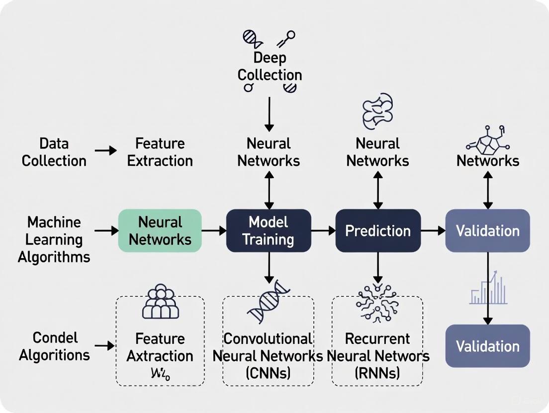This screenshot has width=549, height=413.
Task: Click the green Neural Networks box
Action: tap(160, 231)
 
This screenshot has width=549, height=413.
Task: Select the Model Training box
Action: tap(269, 231)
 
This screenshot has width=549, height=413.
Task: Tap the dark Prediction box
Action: tap(378, 231)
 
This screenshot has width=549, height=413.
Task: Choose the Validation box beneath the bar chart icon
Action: tap(487, 346)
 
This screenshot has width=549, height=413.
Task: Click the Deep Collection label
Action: tap(270, 67)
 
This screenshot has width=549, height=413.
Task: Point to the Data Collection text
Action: tap(54, 152)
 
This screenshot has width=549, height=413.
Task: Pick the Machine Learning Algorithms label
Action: tap(54, 239)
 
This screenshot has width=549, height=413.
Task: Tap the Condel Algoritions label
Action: tap(55, 346)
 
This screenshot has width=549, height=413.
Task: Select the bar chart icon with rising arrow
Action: tap(488, 288)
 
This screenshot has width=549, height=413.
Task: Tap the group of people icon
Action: tap(160, 302)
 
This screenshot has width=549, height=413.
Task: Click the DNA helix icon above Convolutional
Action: tap(269, 301)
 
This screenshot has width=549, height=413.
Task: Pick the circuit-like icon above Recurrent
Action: tap(378, 303)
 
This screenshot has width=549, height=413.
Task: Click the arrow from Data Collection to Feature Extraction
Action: tap(105, 150)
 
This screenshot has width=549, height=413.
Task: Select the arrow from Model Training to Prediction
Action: tap(323, 230)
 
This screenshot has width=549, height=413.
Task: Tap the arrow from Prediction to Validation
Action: tap(433, 230)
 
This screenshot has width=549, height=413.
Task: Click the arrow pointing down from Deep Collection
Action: tap(269, 114)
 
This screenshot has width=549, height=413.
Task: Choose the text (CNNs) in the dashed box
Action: tap(268, 373)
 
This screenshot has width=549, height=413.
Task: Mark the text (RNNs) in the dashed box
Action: tap(378, 373)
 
